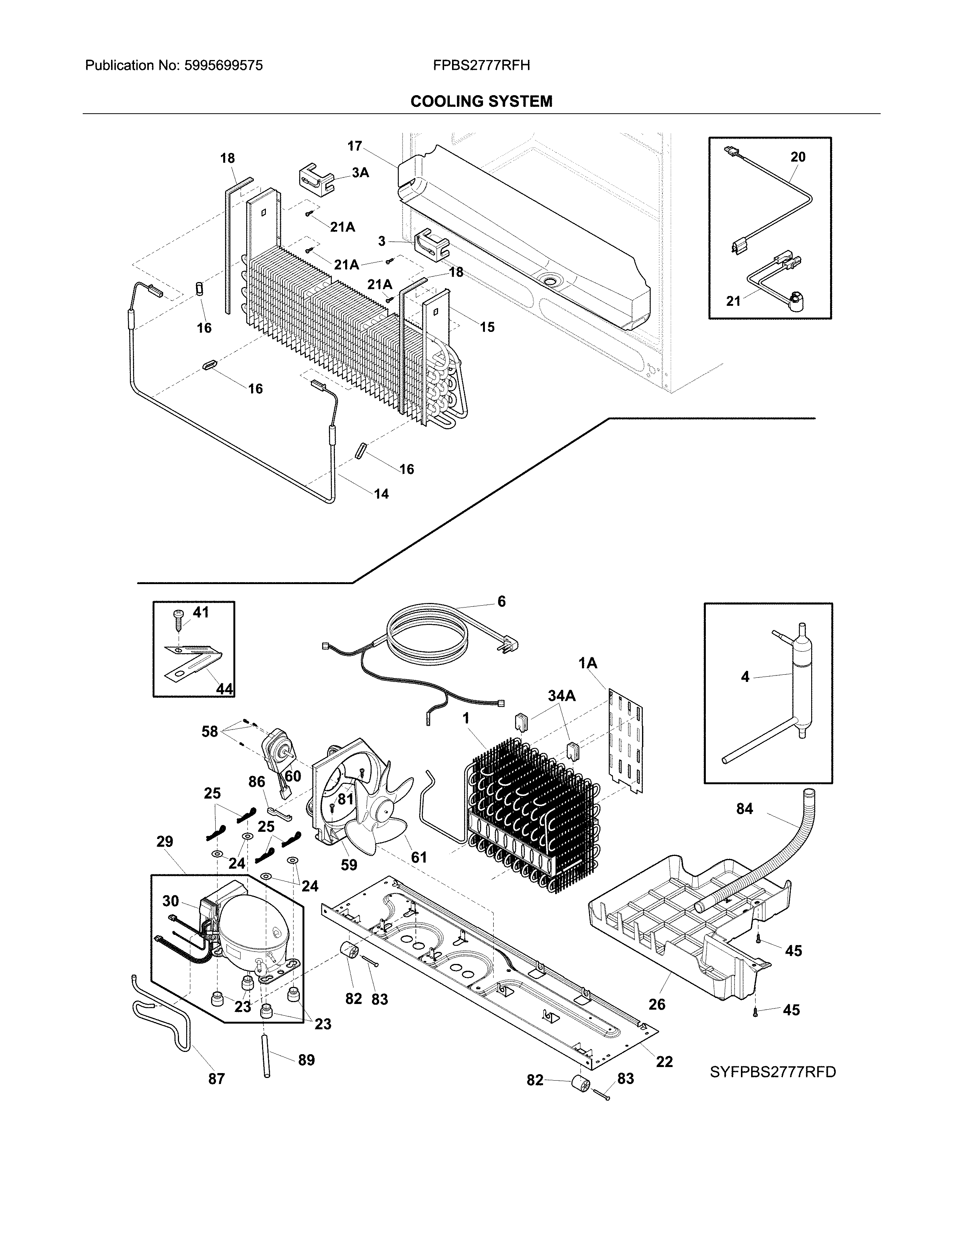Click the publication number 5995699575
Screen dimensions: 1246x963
pos(223,66)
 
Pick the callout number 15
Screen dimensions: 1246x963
pos(487,327)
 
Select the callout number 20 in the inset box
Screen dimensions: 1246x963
pos(798,157)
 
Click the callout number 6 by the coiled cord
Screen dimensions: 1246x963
pos(502,601)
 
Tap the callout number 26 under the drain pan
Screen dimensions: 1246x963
pos(657,1004)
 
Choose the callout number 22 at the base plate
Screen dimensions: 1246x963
pos(664,1061)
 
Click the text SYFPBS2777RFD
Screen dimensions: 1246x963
pos(772,1072)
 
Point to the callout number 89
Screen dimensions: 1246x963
pos(306,1059)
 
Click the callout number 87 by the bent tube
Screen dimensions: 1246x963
pos(216,1078)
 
